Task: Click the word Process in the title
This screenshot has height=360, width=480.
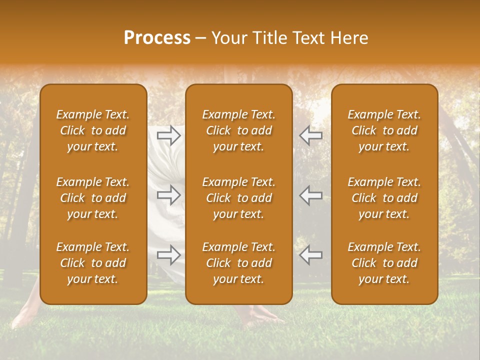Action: coord(157,38)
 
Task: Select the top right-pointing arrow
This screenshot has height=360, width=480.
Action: coord(169,135)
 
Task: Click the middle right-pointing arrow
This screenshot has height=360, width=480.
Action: coord(169,195)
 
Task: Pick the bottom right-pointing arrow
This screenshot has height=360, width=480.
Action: coord(169,255)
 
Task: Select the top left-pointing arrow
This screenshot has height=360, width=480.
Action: coord(311,135)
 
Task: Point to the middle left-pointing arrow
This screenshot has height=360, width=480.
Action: coord(311,195)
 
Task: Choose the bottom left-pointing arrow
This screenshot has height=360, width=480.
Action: coord(311,255)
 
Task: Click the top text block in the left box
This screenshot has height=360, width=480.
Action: coord(93,130)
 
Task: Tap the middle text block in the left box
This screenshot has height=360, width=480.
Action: coord(93,198)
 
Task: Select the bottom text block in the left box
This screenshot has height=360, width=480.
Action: coord(93,263)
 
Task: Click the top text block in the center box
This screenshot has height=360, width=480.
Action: coord(239,130)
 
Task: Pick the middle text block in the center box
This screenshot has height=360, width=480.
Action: coord(239,198)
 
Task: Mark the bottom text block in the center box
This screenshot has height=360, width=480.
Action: coord(239,263)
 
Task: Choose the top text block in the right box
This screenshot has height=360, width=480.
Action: coord(384,130)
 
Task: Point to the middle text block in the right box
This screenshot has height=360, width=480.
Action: coord(384,198)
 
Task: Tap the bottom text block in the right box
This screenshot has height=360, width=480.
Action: coord(384,263)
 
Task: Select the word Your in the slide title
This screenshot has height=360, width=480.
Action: coord(228,38)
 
